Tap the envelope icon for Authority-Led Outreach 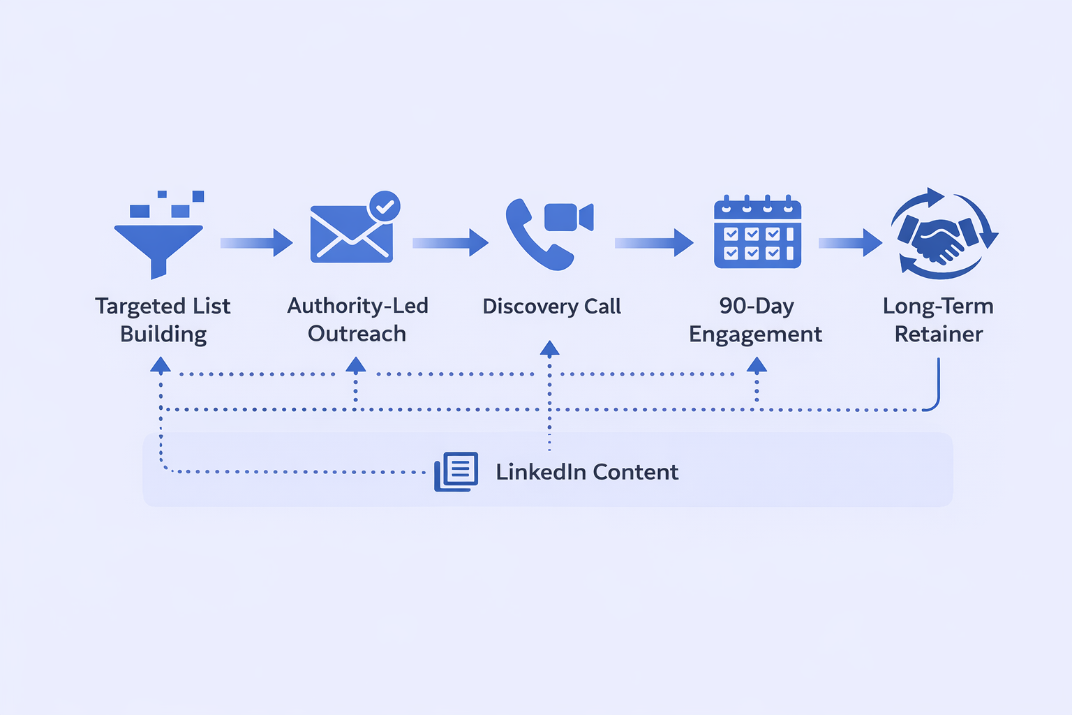click(351, 234)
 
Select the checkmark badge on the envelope click(384, 207)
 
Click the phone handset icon click(534, 237)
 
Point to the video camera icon click(567, 217)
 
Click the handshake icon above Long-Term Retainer click(941, 236)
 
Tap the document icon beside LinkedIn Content click(456, 471)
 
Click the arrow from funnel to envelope click(256, 243)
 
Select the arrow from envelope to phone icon click(450, 243)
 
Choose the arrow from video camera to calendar click(653, 243)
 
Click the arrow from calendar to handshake click(850, 243)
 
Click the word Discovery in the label click(530, 307)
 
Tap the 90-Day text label click(757, 306)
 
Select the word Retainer click(939, 334)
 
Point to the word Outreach click(357, 334)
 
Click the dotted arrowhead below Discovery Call click(549, 348)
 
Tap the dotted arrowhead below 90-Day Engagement click(757, 364)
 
